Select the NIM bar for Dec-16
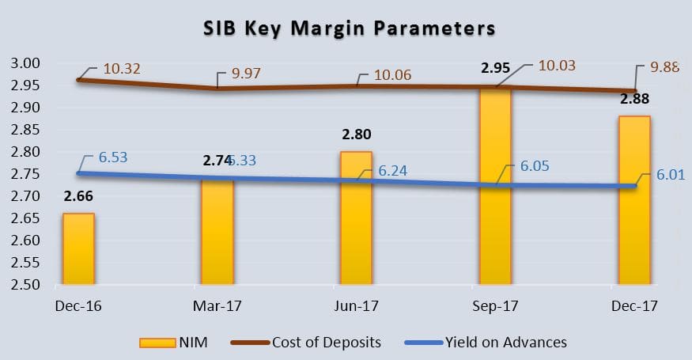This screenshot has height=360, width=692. [x=78, y=248]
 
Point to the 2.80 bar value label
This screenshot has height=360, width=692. [x=356, y=135]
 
